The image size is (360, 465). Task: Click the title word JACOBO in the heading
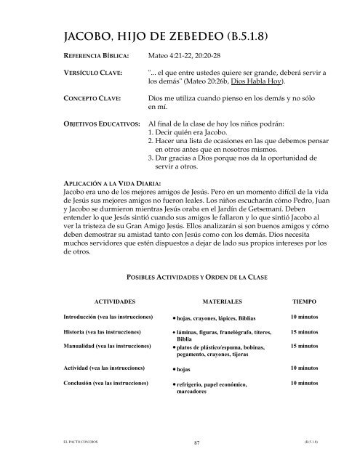point(72,34)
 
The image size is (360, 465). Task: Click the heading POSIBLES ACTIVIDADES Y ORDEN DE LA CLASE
point(191,278)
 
